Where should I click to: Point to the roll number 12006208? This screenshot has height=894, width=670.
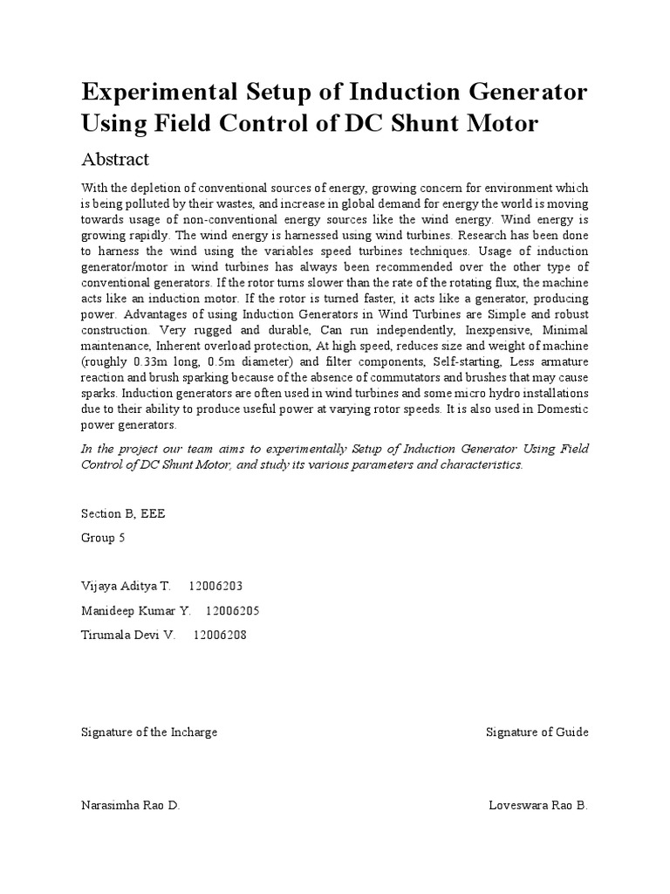(x=220, y=635)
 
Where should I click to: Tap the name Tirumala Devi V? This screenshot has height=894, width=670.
(x=128, y=635)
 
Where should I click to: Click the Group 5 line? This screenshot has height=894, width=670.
(x=103, y=538)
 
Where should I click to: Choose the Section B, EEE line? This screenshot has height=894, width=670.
(x=122, y=513)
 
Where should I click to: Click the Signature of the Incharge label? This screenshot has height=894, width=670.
(x=149, y=732)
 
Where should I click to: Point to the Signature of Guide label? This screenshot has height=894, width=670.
(x=537, y=732)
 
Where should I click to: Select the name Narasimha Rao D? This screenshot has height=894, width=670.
(x=130, y=805)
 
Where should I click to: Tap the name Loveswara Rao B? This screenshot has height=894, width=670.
(x=538, y=805)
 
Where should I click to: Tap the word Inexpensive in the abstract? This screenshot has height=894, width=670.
(x=478, y=330)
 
